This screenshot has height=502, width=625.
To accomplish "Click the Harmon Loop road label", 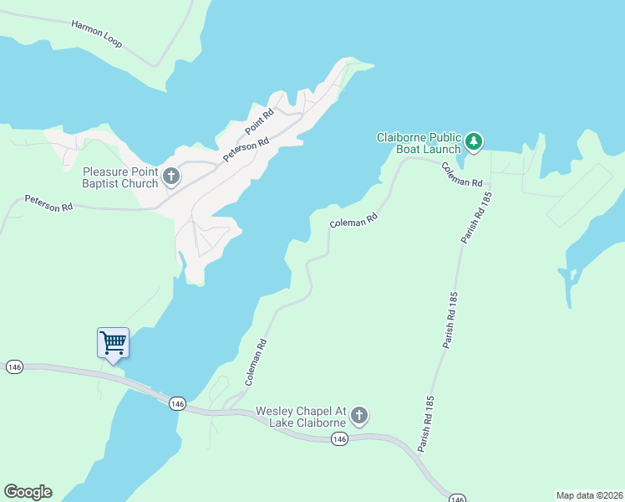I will pyautogui.click(x=97, y=33).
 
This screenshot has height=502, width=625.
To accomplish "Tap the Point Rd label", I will pyautogui.click(x=260, y=123).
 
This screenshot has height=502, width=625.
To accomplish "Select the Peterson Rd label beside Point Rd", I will pyautogui.click(x=246, y=150).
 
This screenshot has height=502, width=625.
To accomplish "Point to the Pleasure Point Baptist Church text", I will pyautogui.click(x=119, y=177).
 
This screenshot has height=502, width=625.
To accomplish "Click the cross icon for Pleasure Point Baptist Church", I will pyautogui.click(x=171, y=177).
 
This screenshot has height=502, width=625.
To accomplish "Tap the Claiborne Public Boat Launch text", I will pyautogui.click(x=418, y=143).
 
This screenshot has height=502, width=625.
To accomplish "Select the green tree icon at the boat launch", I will pyautogui.click(x=474, y=142).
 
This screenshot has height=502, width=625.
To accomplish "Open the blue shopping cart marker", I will pyautogui.click(x=113, y=342).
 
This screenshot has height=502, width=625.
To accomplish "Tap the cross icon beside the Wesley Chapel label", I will pyautogui.click(x=359, y=416).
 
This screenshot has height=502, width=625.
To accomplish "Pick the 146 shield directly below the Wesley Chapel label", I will pyautogui.click(x=338, y=439).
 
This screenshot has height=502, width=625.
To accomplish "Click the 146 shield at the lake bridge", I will pyautogui.click(x=176, y=403).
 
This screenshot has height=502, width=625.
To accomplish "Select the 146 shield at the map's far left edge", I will pyautogui.click(x=13, y=367).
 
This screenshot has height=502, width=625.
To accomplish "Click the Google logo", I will pyautogui.click(x=28, y=492).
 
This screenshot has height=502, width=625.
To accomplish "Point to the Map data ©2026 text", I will pyautogui.click(x=589, y=495).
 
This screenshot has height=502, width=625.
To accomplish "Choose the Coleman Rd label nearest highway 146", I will pyautogui.click(x=256, y=361).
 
